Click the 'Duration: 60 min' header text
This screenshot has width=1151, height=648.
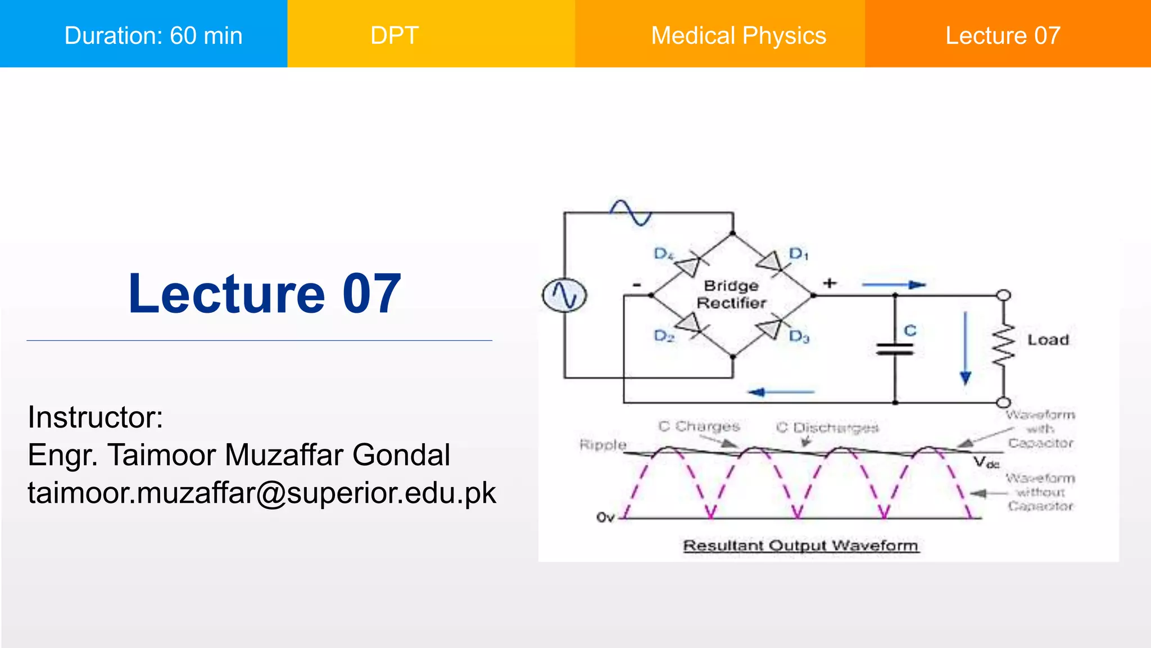pos(153,35)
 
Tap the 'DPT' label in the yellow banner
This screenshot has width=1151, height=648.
pos(395,35)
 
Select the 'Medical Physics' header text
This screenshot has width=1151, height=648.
pos(738,35)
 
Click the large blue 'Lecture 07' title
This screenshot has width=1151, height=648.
pos(265,293)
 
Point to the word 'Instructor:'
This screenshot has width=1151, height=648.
pos(96,417)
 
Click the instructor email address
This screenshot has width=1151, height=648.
pos(262,493)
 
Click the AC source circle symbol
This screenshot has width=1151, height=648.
pos(564,295)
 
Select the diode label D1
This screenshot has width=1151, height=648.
pos(799,254)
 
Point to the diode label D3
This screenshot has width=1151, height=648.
pos(799,337)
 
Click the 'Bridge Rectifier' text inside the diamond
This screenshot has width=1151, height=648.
pos(731,294)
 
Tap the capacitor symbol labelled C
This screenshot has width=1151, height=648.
pos(895,349)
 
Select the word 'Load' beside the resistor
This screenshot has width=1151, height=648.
pos(1048,340)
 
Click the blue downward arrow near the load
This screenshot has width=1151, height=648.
pos(966,349)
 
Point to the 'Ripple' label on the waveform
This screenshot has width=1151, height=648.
pos(603,445)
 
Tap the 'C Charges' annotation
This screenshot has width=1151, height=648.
pos(699,426)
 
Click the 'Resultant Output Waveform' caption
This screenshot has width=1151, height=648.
pos(801,546)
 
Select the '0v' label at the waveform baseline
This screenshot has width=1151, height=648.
pos(605,517)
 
